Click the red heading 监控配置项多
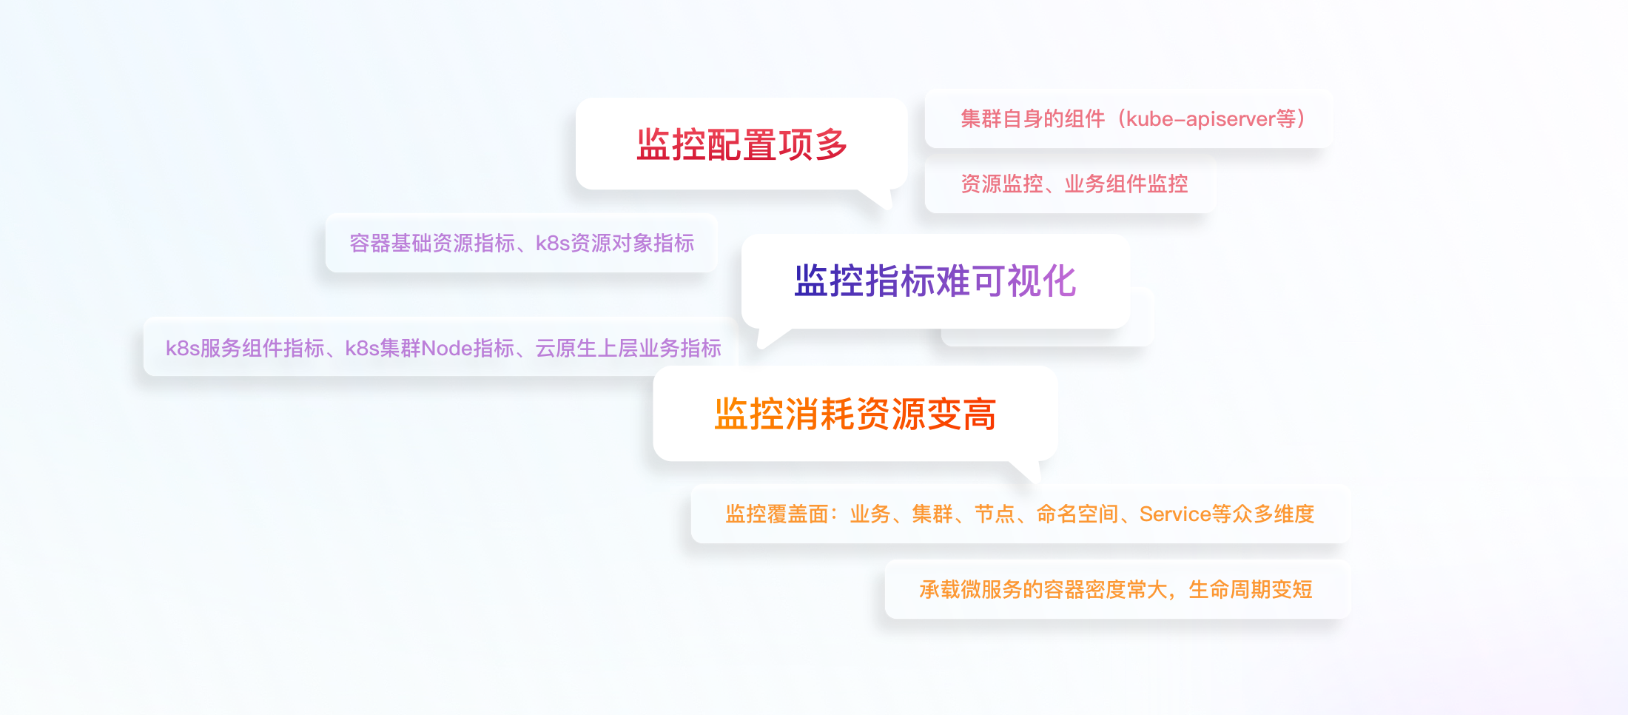click(x=741, y=144)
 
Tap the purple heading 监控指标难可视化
click(x=935, y=281)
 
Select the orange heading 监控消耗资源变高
click(x=855, y=414)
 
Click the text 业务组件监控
click(x=1126, y=184)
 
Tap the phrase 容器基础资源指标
click(x=431, y=244)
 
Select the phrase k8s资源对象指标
click(x=614, y=244)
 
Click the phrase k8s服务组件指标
click(x=244, y=348)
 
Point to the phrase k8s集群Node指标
click(x=429, y=348)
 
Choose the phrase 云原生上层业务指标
click(x=628, y=348)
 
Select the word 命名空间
click(x=1077, y=514)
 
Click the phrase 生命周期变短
click(x=1250, y=590)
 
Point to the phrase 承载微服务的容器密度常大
click(x=1043, y=590)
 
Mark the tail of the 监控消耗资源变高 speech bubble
click(x=1028, y=471)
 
